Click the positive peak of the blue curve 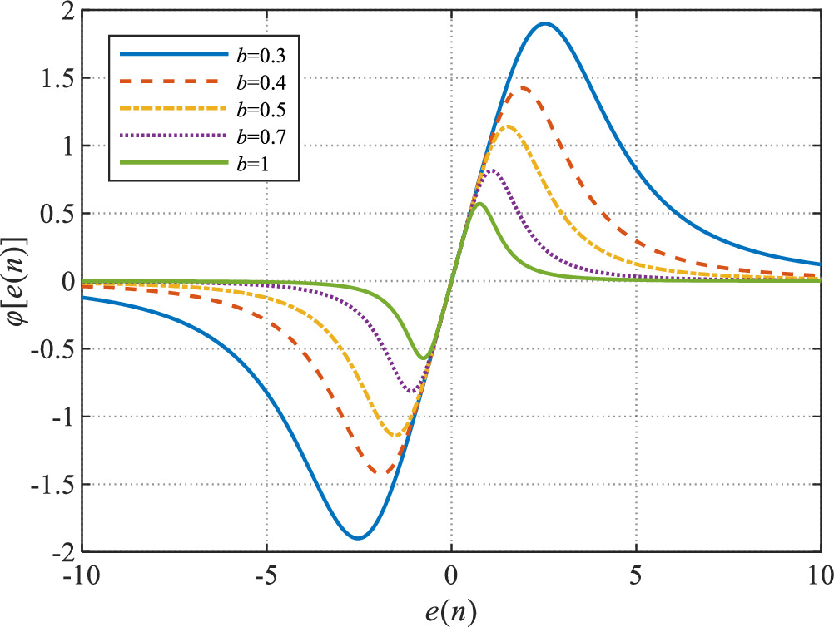[545, 23]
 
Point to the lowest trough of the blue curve [357, 538]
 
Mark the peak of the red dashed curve [524, 87]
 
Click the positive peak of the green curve [479, 203]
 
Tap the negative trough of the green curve [423, 358]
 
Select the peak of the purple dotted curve [493, 170]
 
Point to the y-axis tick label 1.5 [57, 78]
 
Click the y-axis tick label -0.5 [54, 349]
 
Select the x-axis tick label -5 [266, 575]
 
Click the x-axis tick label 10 [818, 575]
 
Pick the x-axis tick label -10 [83, 575]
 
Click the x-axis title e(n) [452, 610]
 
